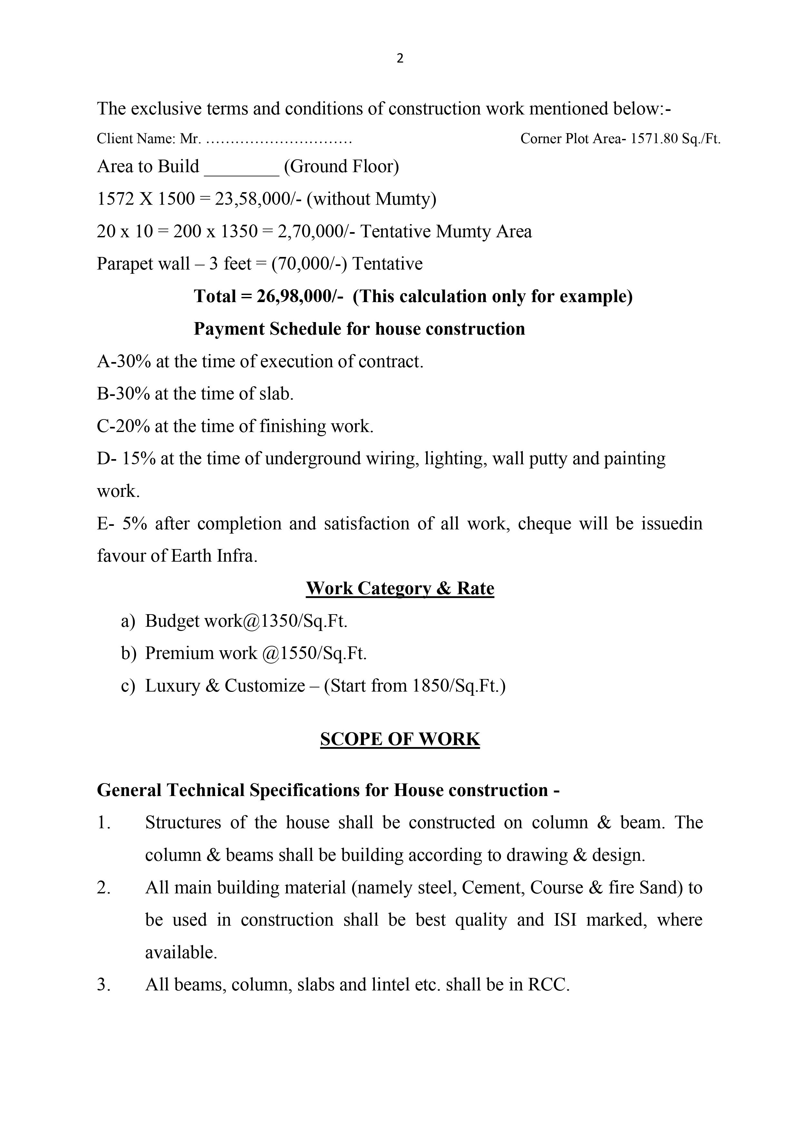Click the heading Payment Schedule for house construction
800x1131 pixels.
[359, 329]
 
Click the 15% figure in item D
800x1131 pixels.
[139, 458]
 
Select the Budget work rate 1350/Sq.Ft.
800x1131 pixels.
[303, 621]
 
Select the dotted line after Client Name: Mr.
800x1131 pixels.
[279, 140]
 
